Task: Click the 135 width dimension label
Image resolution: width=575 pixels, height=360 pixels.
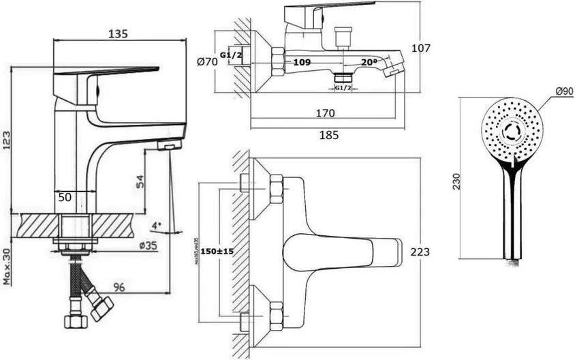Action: (119, 33)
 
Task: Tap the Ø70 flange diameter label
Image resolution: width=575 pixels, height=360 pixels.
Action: (207, 62)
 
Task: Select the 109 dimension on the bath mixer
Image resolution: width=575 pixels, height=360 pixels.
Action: (302, 62)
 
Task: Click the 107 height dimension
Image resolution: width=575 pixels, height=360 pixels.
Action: (420, 48)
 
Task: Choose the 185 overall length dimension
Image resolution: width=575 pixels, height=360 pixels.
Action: (328, 135)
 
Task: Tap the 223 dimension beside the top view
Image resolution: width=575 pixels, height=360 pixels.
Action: (421, 252)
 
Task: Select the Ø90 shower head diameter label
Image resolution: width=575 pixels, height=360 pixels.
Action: (563, 91)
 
